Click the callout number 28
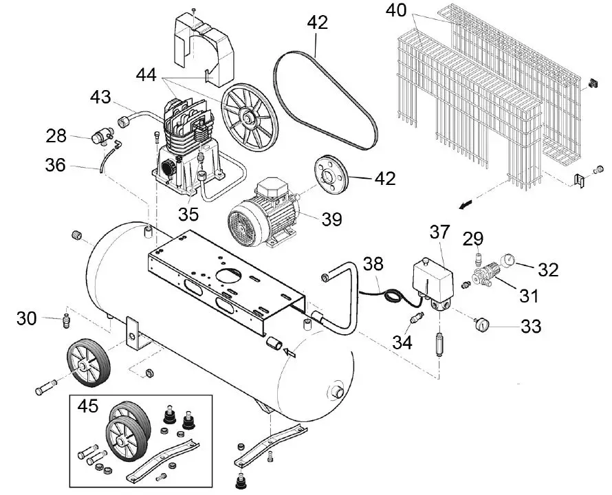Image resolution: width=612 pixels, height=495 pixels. pyautogui.click(x=57, y=135)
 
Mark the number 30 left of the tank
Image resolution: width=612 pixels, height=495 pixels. pyautogui.click(x=27, y=318)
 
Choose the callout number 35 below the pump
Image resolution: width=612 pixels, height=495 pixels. pyautogui.click(x=189, y=214)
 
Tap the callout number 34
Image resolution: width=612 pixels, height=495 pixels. pyautogui.click(x=402, y=340)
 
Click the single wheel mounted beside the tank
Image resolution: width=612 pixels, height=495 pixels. pyautogui.click(x=89, y=366)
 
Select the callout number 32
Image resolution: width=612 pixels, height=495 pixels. pyautogui.click(x=548, y=269)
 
